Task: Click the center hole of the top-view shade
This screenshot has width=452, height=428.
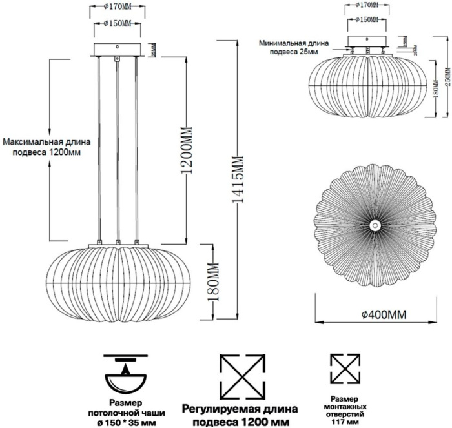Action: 375,225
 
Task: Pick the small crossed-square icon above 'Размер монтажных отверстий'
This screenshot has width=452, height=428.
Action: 345,369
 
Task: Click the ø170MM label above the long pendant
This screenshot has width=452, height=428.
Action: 117,9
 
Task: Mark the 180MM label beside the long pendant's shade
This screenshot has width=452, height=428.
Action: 209,282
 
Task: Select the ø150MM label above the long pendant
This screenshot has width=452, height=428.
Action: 117,24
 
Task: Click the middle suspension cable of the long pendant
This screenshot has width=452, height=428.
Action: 118,148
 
